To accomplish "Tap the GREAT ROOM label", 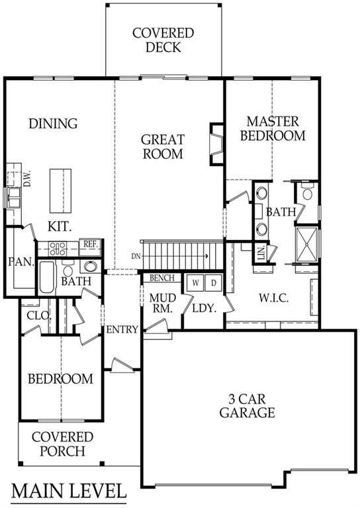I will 163,147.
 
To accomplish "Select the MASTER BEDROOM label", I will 273,128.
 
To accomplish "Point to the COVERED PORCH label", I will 62,444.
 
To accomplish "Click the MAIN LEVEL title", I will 69,491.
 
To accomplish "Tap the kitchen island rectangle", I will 61,188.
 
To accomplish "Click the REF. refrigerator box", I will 90,245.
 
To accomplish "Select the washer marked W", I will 195,283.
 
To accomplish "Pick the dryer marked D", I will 214,283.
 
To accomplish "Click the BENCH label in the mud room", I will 161,278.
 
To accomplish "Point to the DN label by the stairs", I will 136,255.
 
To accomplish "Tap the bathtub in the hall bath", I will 47,278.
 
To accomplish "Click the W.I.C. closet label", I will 272,299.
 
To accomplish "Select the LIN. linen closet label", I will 261,253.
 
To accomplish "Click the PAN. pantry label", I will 21,261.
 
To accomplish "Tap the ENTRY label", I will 122,329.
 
